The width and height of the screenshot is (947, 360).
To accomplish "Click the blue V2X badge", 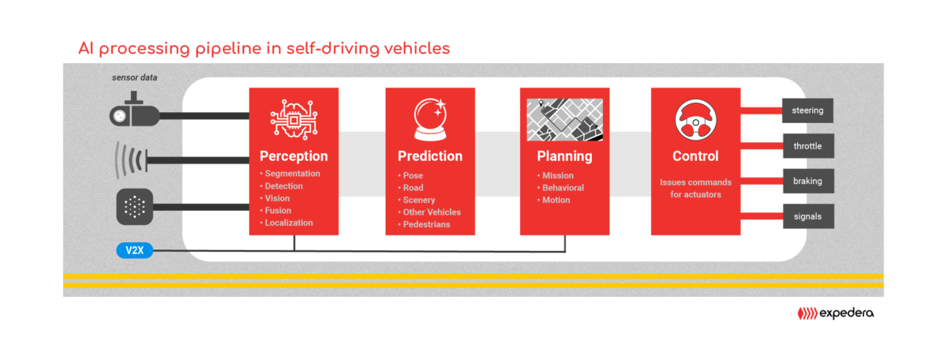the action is tap(134, 250).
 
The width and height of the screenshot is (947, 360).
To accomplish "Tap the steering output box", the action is tap(807, 111).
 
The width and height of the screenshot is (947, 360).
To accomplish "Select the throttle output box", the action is tap(808, 146).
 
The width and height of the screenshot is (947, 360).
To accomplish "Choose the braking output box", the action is tap(808, 181).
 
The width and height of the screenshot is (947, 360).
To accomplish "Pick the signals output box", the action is tap(808, 216).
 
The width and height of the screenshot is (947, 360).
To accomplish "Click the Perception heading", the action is tap(294, 156).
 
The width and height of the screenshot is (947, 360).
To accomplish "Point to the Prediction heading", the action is tap(430, 156).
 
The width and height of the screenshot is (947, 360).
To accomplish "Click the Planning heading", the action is tap(564, 156).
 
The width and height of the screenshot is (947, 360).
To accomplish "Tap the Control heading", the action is tap(695, 156).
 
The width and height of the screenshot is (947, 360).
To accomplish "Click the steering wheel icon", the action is tap(695, 120).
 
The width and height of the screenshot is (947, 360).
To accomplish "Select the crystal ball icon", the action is tap(430, 119).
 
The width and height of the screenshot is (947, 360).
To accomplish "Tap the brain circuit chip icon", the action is tap(294, 119).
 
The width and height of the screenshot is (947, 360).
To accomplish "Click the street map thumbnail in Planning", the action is tap(564, 120).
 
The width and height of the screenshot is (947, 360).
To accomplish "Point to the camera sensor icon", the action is tap(134, 110).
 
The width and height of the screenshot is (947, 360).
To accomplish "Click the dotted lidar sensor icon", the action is tap(134, 207).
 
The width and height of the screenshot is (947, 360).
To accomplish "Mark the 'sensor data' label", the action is tap(134, 77).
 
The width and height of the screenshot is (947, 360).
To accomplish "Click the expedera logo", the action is tap(836, 313).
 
